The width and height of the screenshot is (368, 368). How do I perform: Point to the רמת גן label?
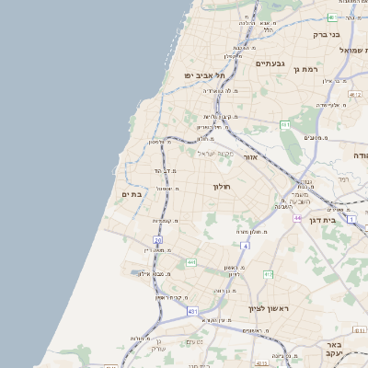[305, 70]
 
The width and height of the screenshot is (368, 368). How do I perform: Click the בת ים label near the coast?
[132, 194]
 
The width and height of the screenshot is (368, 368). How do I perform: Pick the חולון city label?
[222, 187]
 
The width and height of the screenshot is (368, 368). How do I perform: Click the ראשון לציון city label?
[268, 309]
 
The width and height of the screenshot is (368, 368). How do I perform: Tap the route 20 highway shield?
[158, 240]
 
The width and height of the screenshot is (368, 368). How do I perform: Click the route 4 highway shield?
[245, 246]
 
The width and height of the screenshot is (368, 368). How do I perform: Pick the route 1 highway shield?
[351, 219]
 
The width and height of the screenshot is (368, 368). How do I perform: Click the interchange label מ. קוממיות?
[165, 221]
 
